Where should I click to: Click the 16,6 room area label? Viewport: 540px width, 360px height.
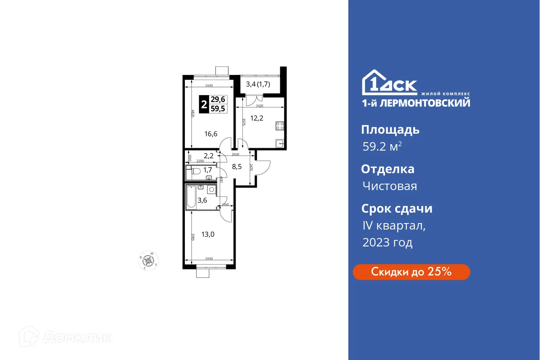(211, 134)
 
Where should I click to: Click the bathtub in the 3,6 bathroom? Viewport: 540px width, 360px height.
(191, 197)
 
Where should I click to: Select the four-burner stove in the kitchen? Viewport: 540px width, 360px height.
(280, 126)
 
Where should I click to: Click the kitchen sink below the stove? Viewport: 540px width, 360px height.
(280, 142)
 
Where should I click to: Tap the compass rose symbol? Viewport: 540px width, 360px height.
(149, 261)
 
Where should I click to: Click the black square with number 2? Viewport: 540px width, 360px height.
(205, 105)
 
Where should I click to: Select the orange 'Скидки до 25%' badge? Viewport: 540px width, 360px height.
(411, 272)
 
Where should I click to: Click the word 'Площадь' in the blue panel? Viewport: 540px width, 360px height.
(390, 130)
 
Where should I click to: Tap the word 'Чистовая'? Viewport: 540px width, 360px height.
(389, 186)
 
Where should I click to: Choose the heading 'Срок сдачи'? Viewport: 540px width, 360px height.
(397, 209)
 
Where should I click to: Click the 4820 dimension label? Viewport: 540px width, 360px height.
(193, 114)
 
